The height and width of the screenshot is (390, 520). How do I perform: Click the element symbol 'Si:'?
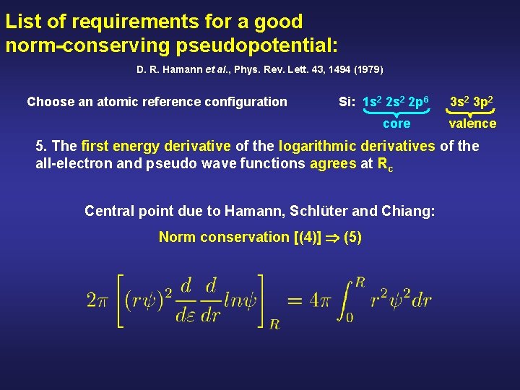[x=347, y=102]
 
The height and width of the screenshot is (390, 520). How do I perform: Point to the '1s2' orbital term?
[x=372, y=102]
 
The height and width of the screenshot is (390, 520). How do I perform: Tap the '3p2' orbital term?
[x=484, y=102]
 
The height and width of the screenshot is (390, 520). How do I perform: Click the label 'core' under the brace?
[x=396, y=123]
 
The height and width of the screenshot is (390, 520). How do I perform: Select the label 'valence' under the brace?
[x=472, y=123]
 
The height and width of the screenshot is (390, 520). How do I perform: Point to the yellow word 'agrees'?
[x=333, y=163]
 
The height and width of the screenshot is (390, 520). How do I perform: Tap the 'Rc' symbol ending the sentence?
[x=386, y=164]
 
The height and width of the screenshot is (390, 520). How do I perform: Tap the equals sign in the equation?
[x=295, y=299]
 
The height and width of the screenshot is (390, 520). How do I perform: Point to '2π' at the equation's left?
[x=97, y=299]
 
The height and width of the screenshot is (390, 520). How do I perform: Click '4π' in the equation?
[x=324, y=299]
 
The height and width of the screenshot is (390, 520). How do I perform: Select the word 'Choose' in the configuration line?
[x=51, y=102]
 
